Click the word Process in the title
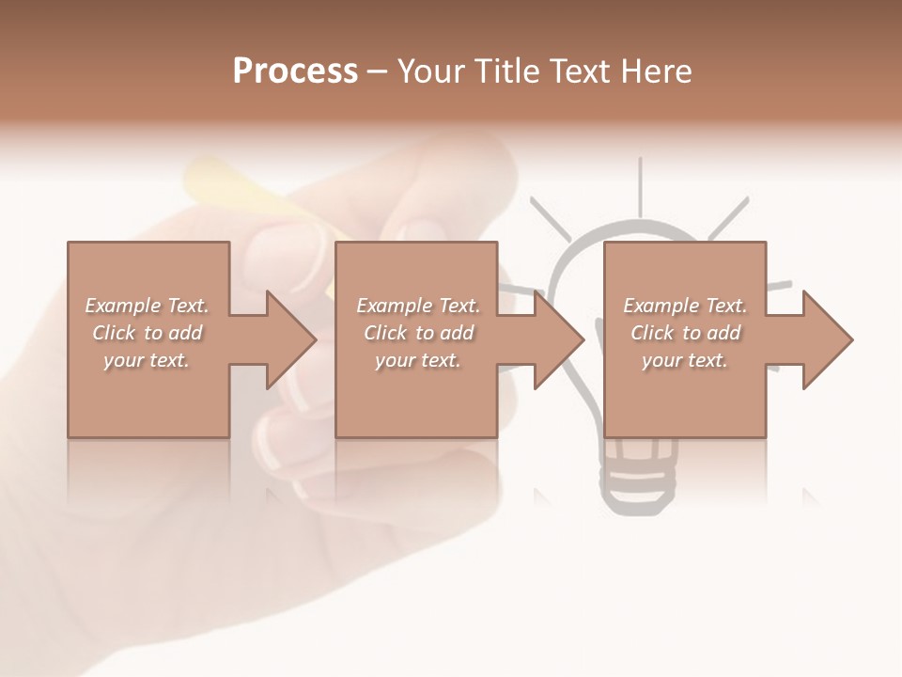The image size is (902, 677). (x=295, y=71)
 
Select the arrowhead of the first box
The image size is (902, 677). (x=288, y=339)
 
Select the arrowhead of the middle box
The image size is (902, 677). (x=557, y=339)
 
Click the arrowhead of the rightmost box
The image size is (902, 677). (x=826, y=339)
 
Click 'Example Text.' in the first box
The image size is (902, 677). (x=148, y=306)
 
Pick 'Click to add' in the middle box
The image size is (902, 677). (x=419, y=333)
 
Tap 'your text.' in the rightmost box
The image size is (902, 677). (x=685, y=360)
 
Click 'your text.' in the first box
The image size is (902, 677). (x=147, y=360)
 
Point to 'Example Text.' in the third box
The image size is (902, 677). (x=685, y=306)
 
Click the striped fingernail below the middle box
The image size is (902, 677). (x=282, y=442)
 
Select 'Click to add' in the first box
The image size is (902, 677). (x=148, y=333)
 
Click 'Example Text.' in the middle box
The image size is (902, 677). (x=418, y=306)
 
